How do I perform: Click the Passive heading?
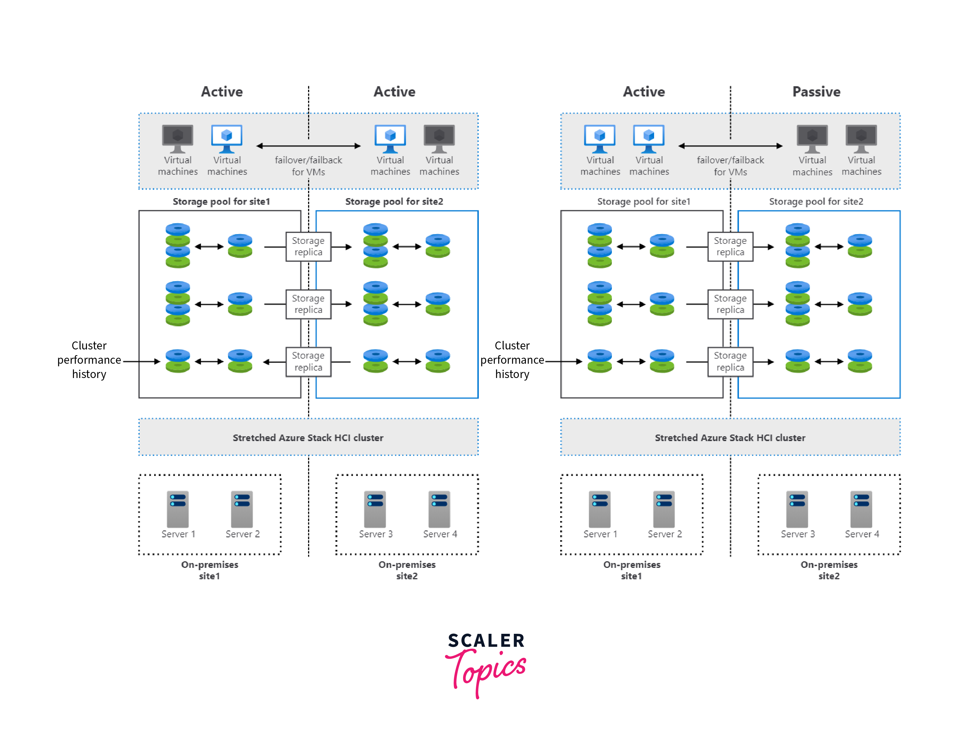point(816,92)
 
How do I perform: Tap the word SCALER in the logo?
point(486,641)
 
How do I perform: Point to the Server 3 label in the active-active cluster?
point(376,534)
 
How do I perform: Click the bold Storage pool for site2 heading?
point(394,201)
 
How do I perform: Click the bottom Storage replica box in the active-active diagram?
point(308,361)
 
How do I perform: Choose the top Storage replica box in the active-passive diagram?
point(730,246)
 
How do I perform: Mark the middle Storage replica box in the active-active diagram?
point(308,304)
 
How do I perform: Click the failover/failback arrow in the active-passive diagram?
point(730,146)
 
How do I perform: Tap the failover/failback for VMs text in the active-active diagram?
point(308,166)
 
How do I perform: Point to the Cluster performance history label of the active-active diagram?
point(89,360)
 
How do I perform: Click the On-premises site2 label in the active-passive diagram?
point(829,570)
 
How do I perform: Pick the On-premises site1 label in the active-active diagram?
point(209,570)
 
